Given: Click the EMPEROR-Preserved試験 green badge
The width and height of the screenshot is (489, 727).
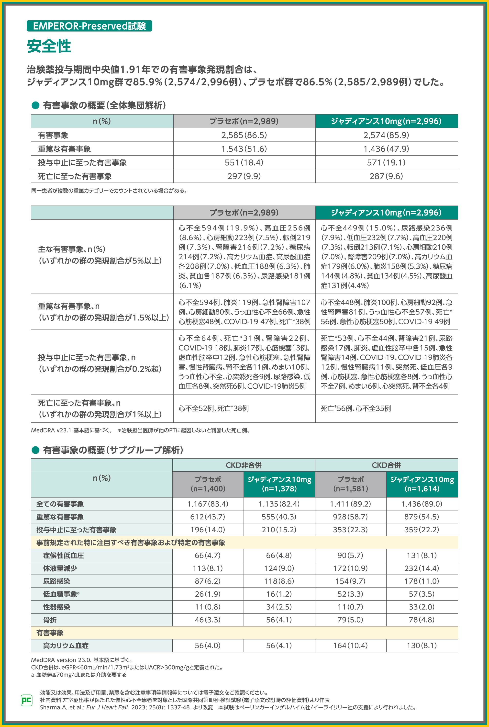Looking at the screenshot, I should [89, 26].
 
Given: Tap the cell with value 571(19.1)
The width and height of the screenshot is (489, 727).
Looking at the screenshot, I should [386, 163].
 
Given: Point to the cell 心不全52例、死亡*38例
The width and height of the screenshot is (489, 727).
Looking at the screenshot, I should [214, 409].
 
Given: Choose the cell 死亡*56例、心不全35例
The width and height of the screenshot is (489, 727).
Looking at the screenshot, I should [356, 409].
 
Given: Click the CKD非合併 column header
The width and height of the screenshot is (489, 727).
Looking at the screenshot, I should [244, 465].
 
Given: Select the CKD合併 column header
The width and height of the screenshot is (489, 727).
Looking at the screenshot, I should [386, 465].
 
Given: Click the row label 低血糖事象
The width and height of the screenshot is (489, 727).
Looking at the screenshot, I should [61, 594].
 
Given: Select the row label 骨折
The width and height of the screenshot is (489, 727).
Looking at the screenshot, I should [50, 620].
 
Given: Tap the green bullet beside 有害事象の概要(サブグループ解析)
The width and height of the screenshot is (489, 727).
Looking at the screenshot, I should [35, 450].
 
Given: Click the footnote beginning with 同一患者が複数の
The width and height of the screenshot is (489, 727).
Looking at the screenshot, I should [109, 191].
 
